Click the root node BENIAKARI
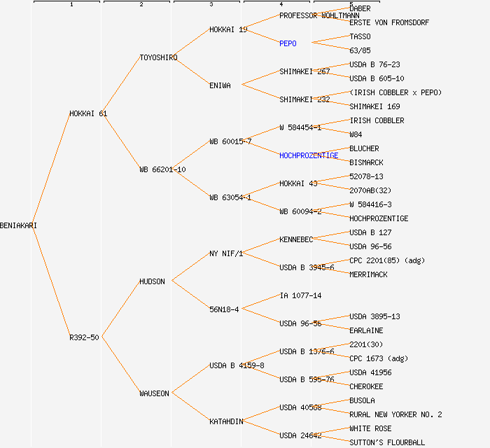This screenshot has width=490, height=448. click(18, 225)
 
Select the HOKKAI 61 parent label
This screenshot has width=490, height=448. click(87, 113)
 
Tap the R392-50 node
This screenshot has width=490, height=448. click(84, 337)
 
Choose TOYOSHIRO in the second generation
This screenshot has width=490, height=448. click(158, 57)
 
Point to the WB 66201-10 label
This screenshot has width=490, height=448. click(162, 169)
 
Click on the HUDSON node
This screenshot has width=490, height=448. click(152, 281)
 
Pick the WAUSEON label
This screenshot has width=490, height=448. click(154, 393)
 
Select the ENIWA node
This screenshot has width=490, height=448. click(220, 85)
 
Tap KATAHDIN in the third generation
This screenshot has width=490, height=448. click(226, 421)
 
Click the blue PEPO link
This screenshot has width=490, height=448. click(288, 43)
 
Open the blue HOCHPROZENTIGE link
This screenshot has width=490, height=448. click(309, 155)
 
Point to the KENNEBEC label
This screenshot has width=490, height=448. click(296, 239)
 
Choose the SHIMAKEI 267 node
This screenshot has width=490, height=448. click(304, 71)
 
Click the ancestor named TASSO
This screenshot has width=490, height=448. click(360, 36)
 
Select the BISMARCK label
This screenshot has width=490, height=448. click(366, 162)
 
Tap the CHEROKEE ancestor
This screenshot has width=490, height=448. click(366, 386)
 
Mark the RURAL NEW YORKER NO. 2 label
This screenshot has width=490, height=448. click(395, 414)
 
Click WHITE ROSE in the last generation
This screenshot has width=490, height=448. click(370, 428)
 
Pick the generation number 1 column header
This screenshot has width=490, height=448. click(71, 5)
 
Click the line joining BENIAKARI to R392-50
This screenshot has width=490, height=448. click(49, 281)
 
